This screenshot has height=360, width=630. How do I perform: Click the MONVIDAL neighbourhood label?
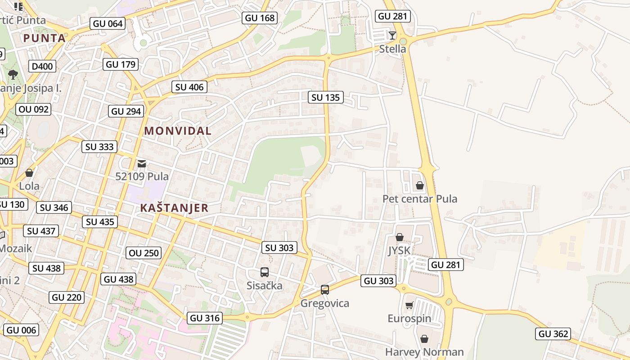click(177, 131)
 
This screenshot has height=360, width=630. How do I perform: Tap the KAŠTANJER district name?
click(174, 208)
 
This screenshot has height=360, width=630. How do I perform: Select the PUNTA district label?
click(45, 38)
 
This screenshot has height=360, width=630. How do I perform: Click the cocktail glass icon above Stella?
click(392, 35)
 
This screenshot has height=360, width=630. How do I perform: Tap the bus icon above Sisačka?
click(265, 272)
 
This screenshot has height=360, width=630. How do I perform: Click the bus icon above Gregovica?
click(325, 290)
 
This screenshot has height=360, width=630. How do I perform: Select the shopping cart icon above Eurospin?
click(409, 306)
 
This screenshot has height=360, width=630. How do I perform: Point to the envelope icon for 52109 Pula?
click(142, 163)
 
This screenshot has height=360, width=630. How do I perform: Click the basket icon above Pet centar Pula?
click(420, 185)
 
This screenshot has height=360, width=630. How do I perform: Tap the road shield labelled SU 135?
click(326, 97)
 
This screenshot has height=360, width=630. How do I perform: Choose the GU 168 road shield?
click(259, 18)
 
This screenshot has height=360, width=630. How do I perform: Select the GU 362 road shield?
click(553, 334)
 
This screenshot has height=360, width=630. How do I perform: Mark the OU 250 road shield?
click(144, 253)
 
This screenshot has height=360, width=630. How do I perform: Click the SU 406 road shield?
click(189, 87)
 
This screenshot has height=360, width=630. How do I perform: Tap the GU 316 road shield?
click(205, 318)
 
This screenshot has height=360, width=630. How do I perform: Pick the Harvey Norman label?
click(424, 352)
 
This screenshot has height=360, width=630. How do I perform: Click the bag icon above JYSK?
click(399, 237)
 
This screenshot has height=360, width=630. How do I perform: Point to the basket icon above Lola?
click(29, 173)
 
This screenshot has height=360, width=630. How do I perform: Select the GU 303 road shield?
click(378, 281)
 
